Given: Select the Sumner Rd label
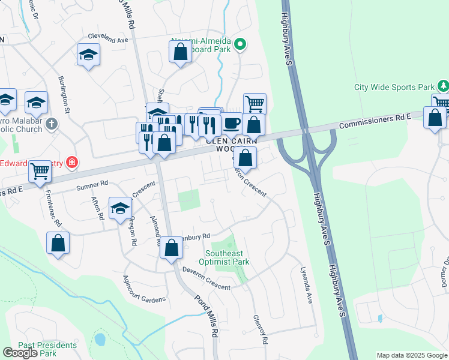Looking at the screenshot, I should (x=92, y=185).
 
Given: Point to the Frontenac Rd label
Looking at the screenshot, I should (x=52, y=207).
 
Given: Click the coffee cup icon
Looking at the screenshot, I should (x=232, y=124).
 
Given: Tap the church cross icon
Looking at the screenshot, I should (x=52, y=125).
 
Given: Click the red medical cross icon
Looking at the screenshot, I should (x=72, y=162).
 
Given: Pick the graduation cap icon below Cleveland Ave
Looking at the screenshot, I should (x=88, y=55).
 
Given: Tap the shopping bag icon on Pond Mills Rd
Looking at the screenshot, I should (x=171, y=247).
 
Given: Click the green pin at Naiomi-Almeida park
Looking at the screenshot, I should (x=240, y=44).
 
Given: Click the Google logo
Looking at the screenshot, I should (x=20, y=353).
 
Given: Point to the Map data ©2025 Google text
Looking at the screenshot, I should (x=411, y=355).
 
